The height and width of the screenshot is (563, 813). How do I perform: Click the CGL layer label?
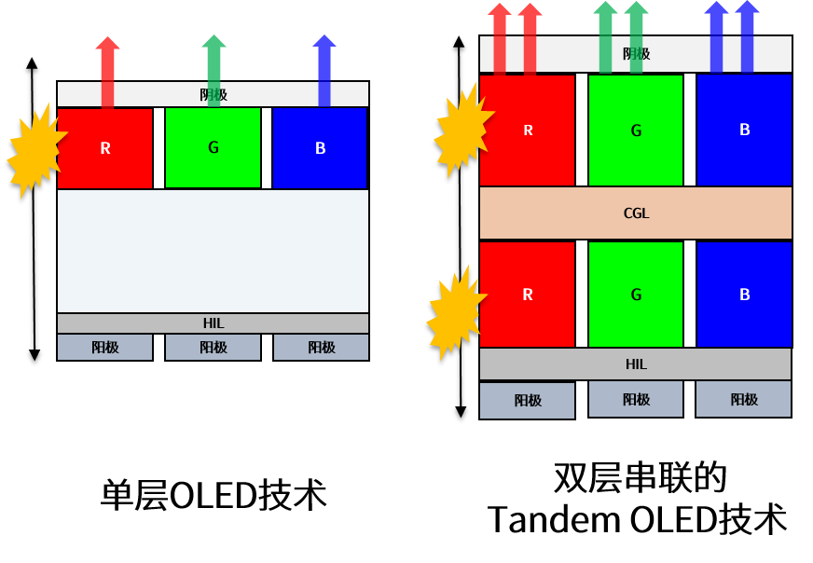coord(636,213)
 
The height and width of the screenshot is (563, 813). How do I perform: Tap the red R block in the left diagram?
coord(105,148)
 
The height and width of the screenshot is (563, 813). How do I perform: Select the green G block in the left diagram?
coord(213,147)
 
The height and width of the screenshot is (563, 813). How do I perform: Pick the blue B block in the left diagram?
coord(320,148)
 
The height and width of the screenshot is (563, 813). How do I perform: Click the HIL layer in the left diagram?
coord(213,323)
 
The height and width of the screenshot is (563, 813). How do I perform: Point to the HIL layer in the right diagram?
coord(636,364)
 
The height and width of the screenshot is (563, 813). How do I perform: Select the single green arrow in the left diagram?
coord(214,59)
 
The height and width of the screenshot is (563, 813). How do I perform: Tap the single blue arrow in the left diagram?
coord(324,59)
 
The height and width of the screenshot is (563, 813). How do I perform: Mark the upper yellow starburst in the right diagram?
coord(462,130)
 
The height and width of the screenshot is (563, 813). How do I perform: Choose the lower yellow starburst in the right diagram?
coord(455,312)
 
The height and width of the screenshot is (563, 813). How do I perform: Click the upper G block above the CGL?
coord(636,130)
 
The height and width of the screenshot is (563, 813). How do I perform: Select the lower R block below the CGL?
coord(528,295)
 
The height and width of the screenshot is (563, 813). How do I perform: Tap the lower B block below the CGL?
coord(744,295)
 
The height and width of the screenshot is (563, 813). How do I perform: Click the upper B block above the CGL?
coord(744,130)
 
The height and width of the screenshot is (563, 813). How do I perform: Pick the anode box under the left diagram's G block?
coord(213,348)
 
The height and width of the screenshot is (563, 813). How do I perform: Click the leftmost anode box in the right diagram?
coord(528,401)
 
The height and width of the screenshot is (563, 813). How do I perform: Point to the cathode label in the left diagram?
coord(213,94)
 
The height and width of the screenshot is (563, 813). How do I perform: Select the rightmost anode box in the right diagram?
coord(744,399)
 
